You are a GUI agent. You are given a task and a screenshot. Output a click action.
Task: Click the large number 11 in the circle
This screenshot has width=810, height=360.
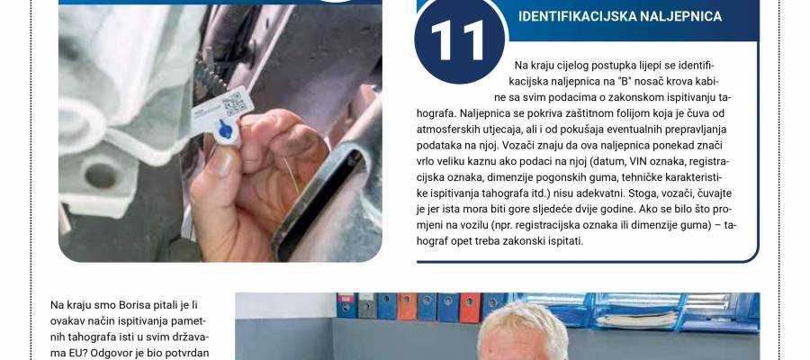pyautogui.click(x=458, y=41)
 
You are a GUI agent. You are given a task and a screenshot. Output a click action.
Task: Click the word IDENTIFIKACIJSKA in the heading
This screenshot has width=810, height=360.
pyautogui.click(x=577, y=16)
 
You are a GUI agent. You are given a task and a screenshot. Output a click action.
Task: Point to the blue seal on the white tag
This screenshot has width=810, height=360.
pyautogui.click(x=226, y=129)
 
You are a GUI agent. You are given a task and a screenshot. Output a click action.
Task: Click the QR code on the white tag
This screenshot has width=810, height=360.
pyautogui.click(x=235, y=104)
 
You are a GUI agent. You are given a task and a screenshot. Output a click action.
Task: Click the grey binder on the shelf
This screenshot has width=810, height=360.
pyautogui.click(x=367, y=305)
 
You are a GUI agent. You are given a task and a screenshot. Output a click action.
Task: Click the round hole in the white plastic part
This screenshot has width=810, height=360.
pyautogui.click(x=101, y=175)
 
